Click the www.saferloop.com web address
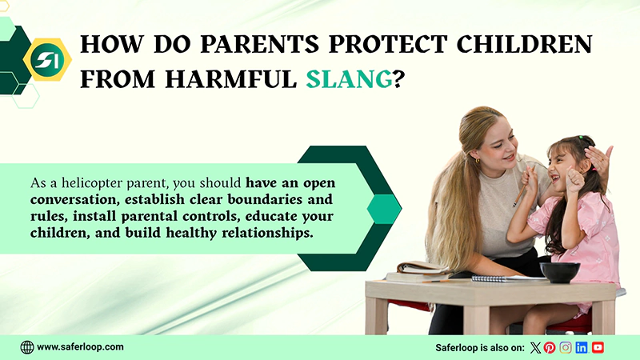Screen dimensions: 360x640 click(80, 347)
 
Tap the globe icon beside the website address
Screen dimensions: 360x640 click(27, 347)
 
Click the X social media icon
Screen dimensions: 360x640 click(536, 347)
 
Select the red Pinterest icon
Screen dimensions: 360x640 click(550, 347)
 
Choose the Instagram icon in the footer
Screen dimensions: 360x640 click(566, 347)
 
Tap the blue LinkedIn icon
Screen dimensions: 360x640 click(582, 347)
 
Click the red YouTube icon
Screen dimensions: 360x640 click(598, 347)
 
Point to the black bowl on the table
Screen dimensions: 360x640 click(560, 272)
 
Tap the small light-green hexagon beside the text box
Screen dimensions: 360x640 click(384, 209)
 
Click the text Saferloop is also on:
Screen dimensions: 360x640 click(479, 347)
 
